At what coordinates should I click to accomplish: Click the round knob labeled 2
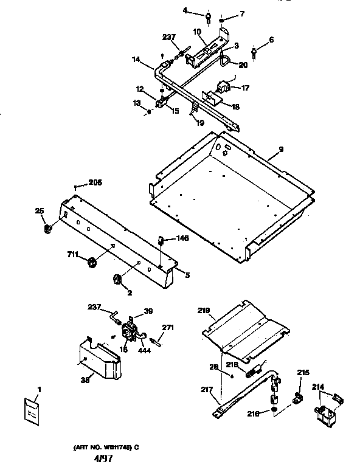point(116,279)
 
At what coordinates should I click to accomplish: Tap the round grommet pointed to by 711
point(92,262)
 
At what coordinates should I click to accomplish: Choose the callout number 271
point(168,328)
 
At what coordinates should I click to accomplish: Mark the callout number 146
point(182,238)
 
